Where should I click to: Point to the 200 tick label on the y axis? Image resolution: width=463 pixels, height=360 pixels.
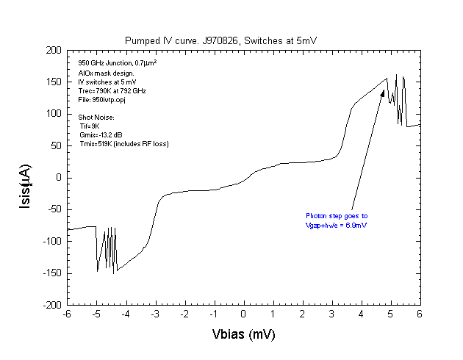(53, 50)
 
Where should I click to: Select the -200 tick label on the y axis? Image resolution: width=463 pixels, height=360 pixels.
(51, 304)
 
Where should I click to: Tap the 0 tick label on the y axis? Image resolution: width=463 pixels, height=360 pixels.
(59, 177)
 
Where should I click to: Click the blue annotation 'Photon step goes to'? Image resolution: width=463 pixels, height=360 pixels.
(336, 216)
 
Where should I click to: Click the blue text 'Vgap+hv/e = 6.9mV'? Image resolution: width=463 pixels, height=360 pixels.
(337, 226)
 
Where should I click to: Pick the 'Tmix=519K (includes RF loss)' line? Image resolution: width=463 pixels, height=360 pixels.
(124, 144)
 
